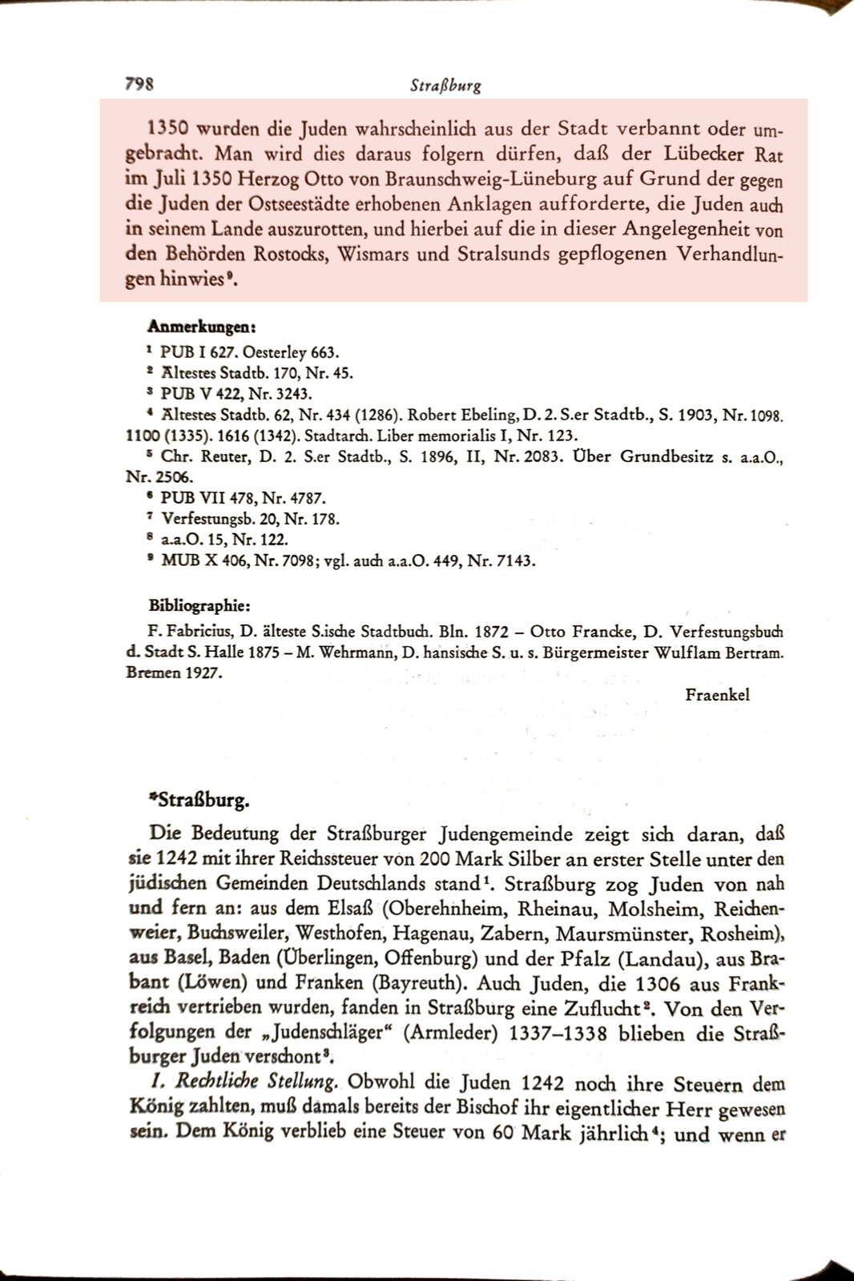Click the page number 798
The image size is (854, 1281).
(x=139, y=83)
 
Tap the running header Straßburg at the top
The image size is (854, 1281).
(x=445, y=85)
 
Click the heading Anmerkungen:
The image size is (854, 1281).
(x=201, y=327)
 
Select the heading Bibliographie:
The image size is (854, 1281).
(x=199, y=605)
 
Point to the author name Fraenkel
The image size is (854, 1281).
(x=717, y=695)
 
